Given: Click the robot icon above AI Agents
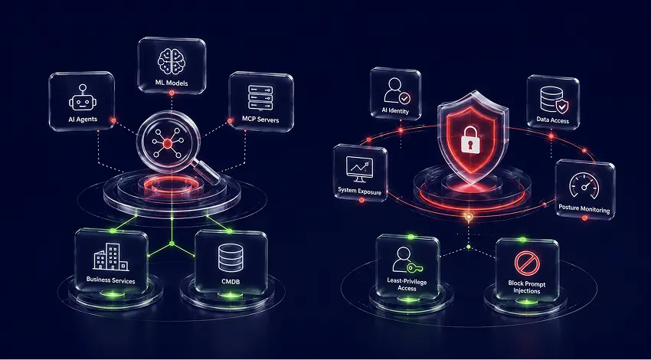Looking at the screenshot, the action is pyautogui.click(x=82, y=98).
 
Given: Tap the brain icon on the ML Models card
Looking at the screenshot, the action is pyautogui.click(x=172, y=61).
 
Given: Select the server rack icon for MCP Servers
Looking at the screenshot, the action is pyautogui.click(x=260, y=98).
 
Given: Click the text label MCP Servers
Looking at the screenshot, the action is pyautogui.click(x=260, y=119).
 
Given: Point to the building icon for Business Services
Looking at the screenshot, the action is pyautogui.click(x=110, y=257).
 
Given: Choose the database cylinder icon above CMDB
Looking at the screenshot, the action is pyautogui.click(x=230, y=257).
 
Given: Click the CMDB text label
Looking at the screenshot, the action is pyautogui.click(x=231, y=282).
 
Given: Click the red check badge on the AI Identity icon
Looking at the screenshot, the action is pyautogui.click(x=404, y=98).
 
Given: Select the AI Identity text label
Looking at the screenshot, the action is pyautogui.click(x=395, y=111).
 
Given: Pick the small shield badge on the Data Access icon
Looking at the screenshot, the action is pyautogui.click(x=562, y=106).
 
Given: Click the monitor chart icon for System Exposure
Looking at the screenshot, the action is pyautogui.click(x=359, y=169).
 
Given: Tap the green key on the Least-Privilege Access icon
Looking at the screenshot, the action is pyautogui.click(x=414, y=268).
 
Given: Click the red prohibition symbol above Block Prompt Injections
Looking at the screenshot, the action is pyautogui.click(x=526, y=263).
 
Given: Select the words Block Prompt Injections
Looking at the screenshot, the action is pyautogui.click(x=526, y=287).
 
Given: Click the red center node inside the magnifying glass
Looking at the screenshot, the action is pyautogui.click(x=167, y=144).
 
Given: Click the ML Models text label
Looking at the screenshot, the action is pyautogui.click(x=172, y=83).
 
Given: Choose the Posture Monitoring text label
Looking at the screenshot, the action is pyautogui.click(x=584, y=208).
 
